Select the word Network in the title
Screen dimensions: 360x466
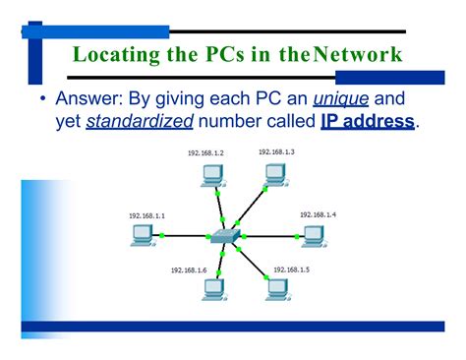pos(358,54)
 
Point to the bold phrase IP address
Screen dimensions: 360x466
pos(369,121)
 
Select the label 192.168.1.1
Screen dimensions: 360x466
pos(146,214)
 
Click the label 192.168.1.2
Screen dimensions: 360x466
pos(205,153)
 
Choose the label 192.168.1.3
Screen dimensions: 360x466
pos(276,151)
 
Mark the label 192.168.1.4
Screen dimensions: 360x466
pos(319,213)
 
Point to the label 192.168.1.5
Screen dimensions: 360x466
pos(292,269)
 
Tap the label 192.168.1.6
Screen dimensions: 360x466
pos(189,270)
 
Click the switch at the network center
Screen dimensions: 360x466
pos(223,237)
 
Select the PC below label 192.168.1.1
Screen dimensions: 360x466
pos(143,233)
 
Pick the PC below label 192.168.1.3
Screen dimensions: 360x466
pos(275,175)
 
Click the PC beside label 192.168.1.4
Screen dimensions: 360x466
pos(314,234)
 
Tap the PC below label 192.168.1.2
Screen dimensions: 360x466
pos(210,176)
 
